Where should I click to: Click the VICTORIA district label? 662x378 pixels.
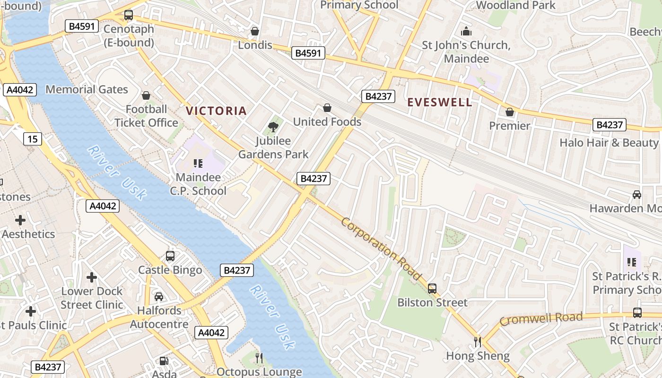216,111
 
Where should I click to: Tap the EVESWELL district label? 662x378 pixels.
440,103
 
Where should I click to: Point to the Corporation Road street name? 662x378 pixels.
381,249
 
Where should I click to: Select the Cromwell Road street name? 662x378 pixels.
541,319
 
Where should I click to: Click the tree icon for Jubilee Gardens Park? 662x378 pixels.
273,127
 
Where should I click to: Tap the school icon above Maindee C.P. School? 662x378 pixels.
198,163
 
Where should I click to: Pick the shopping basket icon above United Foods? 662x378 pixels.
327,108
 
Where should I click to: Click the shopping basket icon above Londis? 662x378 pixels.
255,31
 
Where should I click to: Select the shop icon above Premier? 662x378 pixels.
509,112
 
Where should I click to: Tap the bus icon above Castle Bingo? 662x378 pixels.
170,256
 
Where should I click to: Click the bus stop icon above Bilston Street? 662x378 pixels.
432,288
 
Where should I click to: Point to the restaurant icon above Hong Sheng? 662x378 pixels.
478,342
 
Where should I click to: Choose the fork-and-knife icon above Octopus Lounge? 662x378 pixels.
259,358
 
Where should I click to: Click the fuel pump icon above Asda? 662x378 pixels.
164,361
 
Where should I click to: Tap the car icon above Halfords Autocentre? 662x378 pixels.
159,297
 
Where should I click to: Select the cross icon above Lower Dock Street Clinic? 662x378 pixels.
92,277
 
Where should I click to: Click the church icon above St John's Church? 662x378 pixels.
466,31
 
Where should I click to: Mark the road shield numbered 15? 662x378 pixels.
32,139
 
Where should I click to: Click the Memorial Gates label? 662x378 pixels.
87,89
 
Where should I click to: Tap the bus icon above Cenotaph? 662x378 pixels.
129,15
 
